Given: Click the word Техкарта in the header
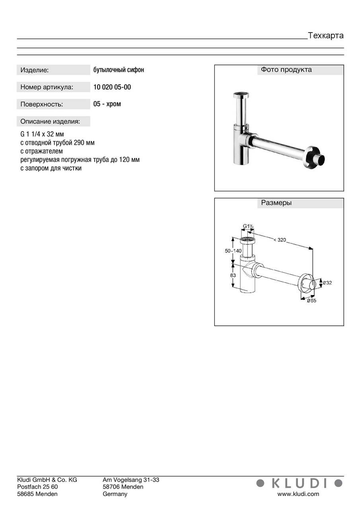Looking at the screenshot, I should coord(325,35).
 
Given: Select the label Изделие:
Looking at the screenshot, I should coord(35,70).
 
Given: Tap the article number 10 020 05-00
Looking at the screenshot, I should coord(112,87).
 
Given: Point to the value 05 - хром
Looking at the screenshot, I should coord(107,104).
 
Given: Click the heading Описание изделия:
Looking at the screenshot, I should coord(50,121).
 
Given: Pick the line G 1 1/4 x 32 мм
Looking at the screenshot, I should coord(42,134).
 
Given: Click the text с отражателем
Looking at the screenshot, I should coord(41,151).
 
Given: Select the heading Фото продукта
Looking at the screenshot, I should coord(286,70).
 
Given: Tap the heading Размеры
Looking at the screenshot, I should coord(276,203).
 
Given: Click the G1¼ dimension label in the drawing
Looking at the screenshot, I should coord(249,227).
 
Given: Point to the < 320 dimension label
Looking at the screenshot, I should coord(280,239).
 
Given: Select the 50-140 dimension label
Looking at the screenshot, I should coord(233,251).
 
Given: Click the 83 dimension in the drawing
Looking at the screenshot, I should coord(233,275).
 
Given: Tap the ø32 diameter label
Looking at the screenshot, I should coord(327,283).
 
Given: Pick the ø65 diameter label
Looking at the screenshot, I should coord(311,300).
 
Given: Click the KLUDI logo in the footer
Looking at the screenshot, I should coord(300,483).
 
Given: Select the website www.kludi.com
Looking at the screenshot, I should coord(298,494).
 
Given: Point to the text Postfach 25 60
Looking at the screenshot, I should coord(37,487).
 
